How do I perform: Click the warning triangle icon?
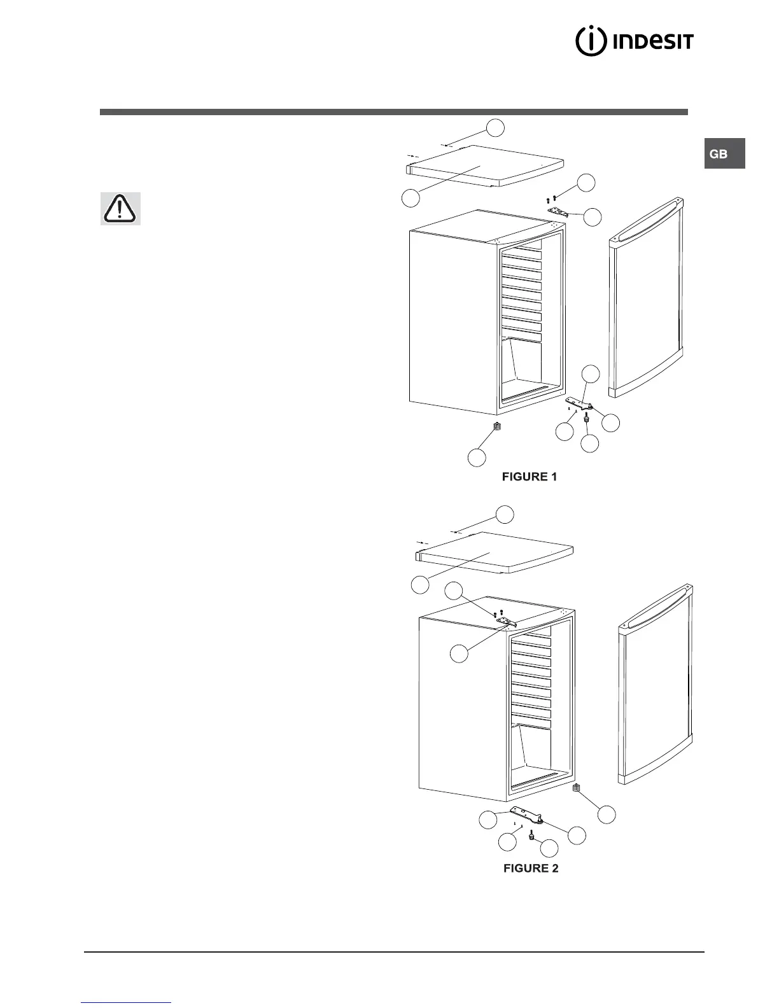coord(120,208)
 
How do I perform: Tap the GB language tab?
coord(724,154)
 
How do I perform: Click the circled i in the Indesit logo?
coord(590,41)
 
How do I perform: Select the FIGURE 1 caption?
coord(529,477)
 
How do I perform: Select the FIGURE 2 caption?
coord(531,868)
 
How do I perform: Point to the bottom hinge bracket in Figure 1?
coord(579,403)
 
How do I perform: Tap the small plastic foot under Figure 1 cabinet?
coord(498,426)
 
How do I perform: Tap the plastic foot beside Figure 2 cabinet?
coord(577,788)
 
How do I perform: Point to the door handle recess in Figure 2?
coord(656,607)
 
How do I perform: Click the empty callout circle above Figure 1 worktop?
coord(496,127)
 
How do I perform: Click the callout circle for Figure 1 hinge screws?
coord(586,182)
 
